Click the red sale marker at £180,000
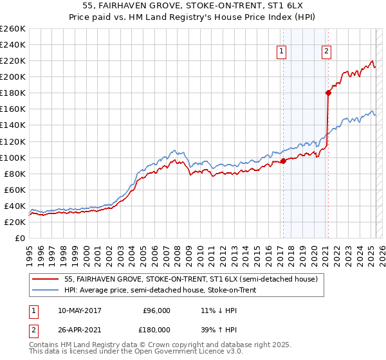point(328,93)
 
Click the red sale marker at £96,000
point(283,161)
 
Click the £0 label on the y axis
point(19,238)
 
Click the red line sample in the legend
point(46,280)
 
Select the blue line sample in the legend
point(46,291)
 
